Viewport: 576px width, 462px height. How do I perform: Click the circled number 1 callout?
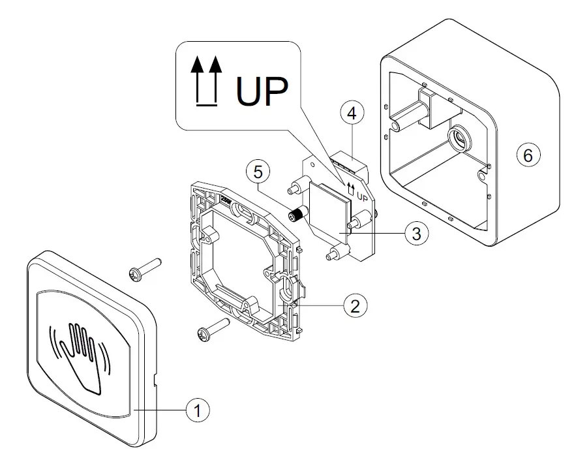tap(198, 410)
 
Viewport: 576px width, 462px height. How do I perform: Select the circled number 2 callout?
tap(356, 305)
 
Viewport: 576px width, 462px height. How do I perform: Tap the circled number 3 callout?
tap(417, 233)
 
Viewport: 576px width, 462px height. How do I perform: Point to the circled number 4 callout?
tap(352, 113)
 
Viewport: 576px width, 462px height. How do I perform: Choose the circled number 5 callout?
tap(258, 172)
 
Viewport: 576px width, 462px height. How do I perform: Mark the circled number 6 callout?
tap(528, 155)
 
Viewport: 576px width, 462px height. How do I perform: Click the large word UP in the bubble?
tap(262, 91)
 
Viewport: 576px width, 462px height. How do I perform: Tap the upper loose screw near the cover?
tap(145, 270)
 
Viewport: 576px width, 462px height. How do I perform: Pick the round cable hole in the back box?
tap(459, 138)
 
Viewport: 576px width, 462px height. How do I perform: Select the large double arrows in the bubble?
tap(206, 81)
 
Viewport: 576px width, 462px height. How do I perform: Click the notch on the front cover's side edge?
tap(155, 380)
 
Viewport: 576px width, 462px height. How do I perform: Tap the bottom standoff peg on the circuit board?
tap(337, 253)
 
